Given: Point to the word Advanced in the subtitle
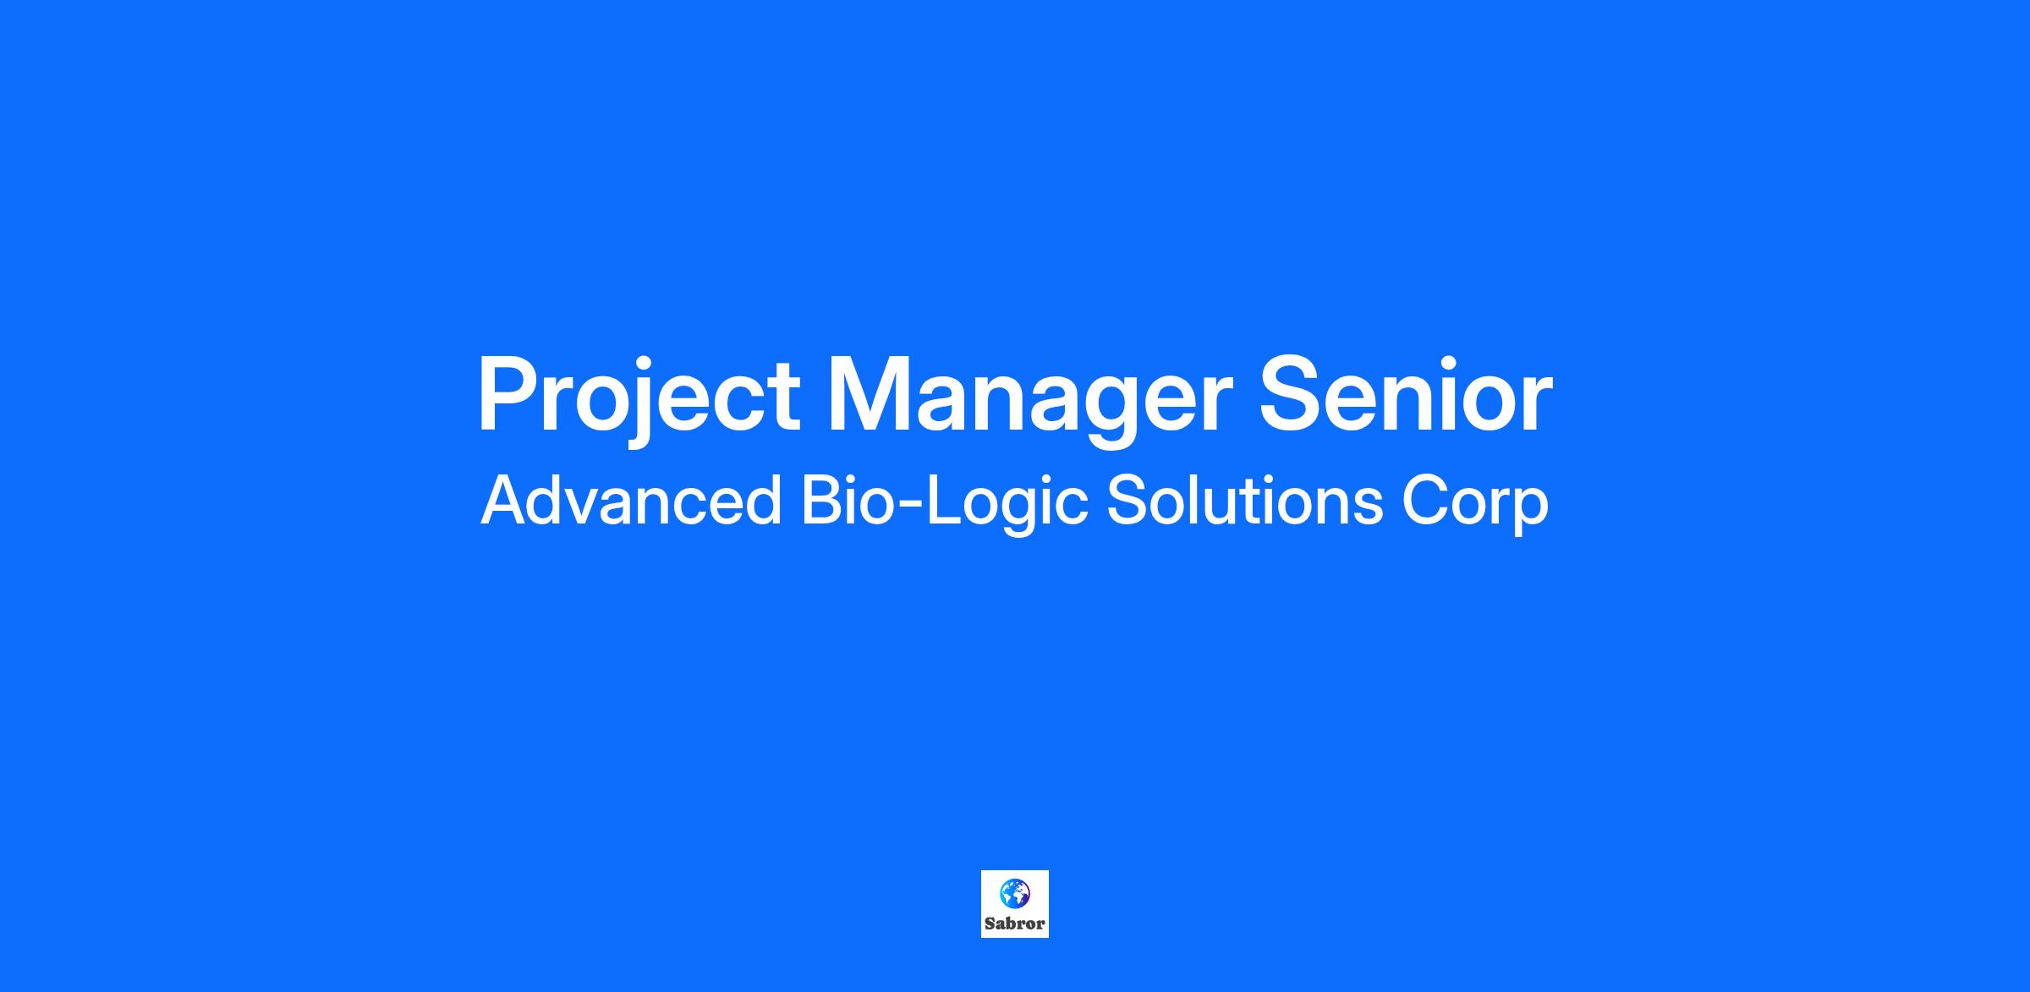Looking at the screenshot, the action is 631,501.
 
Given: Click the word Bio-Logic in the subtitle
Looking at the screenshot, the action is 944,503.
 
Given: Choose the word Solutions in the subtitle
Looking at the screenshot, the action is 1244,501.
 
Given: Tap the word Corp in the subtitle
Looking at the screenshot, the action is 1475,503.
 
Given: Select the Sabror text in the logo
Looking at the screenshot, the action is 1014,924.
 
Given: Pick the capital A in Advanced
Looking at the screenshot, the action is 507,501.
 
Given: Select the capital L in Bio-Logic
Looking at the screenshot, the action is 946,501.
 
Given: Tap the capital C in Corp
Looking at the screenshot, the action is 1426,501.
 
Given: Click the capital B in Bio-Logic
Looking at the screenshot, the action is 822,501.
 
